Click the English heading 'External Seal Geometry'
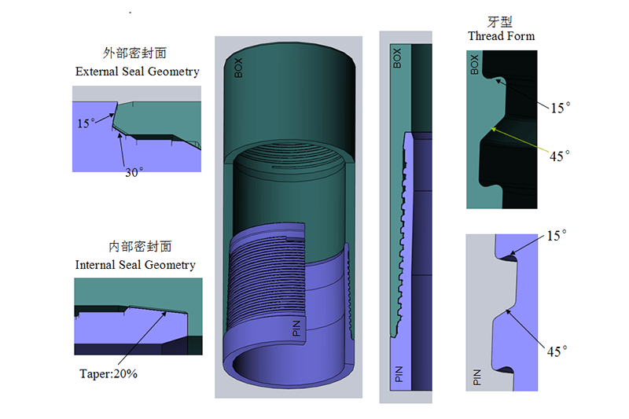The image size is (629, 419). coord(137,72)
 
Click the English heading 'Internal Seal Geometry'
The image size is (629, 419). coord(135,265)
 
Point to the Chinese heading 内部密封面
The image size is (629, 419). coord(135,247)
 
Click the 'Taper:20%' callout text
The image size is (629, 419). coord(109,374)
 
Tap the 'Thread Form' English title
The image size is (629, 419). coord(501,36)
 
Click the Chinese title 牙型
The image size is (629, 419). coord(501,21)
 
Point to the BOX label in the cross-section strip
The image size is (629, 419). coord(397,57)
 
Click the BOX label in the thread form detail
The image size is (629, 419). coord(474,64)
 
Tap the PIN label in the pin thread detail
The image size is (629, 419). coord(476,377)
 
